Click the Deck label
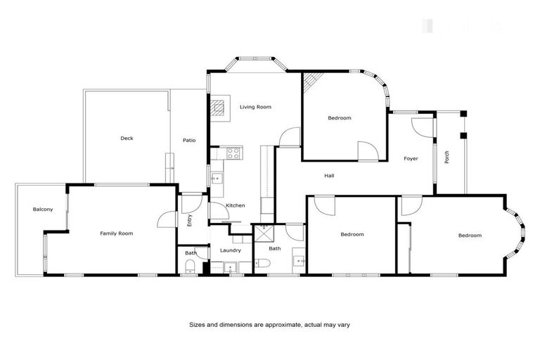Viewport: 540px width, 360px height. coord(127,139)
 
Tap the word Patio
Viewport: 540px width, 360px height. coord(189,141)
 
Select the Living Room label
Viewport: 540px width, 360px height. coord(255,107)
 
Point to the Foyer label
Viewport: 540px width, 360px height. coord(411,159)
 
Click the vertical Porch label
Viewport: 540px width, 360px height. coord(446,157)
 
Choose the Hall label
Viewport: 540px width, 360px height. coord(329,176)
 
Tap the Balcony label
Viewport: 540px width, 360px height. coord(43,210)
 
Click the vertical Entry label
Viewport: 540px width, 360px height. coord(189,219)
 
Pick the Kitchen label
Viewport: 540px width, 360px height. coord(236,205)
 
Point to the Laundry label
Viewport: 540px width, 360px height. coord(231,250)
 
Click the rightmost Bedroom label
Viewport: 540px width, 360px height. coord(470,236)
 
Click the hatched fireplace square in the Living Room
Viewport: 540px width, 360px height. coord(219,107)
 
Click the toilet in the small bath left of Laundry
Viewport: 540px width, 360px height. coord(189,265)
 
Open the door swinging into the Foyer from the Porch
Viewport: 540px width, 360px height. coord(423,127)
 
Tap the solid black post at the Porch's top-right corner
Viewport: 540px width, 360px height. coord(463,134)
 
